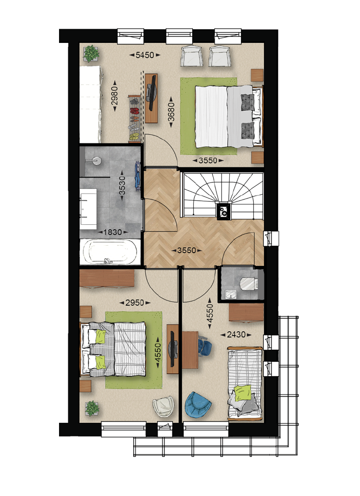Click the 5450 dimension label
pyautogui.click(x=145, y=55)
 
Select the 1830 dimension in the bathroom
pyautogui.click(x=113, y=232)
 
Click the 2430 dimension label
pyautogui.click(x=236, y=335)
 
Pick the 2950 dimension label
pyautogui.click(x=135, y=303)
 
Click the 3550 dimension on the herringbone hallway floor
pyautogui.click(x=187, y=251)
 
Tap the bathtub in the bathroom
pyautogui.click(x=110, y=252)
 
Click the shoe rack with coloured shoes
pyautogui.click(x=135, y=119)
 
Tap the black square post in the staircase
pyautogui.click(x=224, y=210)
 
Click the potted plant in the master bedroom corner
pyautogui.click(x=91, y=53)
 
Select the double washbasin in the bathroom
pyautogui.click(x=88, y=209)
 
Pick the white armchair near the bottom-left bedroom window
pyautogui.click(x=163, y=406)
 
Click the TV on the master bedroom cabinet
pyautogui.click(x=151, y=94)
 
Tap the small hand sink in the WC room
pyautogui.click(x=231, y=294)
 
